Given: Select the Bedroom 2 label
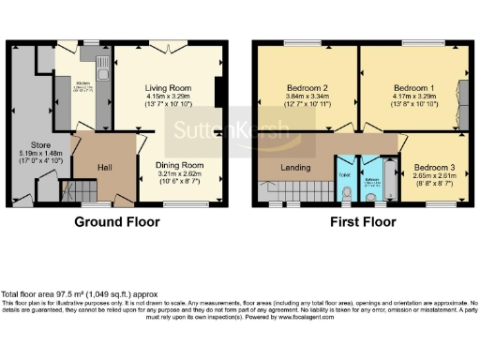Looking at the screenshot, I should click(x=307, y=86).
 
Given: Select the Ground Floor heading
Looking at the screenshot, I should click(x=117, y=223).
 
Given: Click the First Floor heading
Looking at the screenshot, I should click(x=362, y=223).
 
